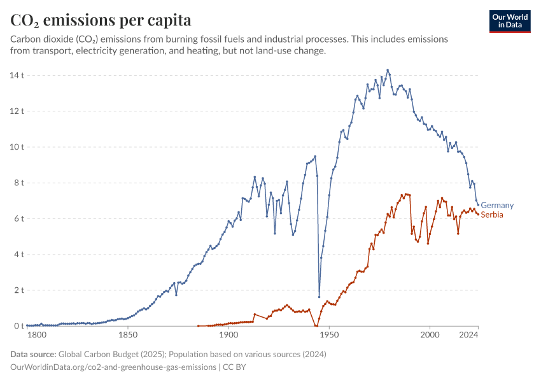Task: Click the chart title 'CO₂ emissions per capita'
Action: [101, 20]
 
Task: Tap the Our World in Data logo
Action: [509, 20]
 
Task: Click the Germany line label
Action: [496, 205]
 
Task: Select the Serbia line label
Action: [492, 215]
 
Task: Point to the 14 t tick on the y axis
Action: [17, 75]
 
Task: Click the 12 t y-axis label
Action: [17, 111]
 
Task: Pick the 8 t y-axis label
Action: [18, 183]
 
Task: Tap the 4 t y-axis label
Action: [18, 254]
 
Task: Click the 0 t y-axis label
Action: [18, 326]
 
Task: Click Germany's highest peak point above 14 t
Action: [388, 70]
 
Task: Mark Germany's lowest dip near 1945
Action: [319, 297]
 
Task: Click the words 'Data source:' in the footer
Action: [33, 354]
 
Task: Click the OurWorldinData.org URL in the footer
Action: [113, 367]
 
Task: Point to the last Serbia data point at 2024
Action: [478, 214]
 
